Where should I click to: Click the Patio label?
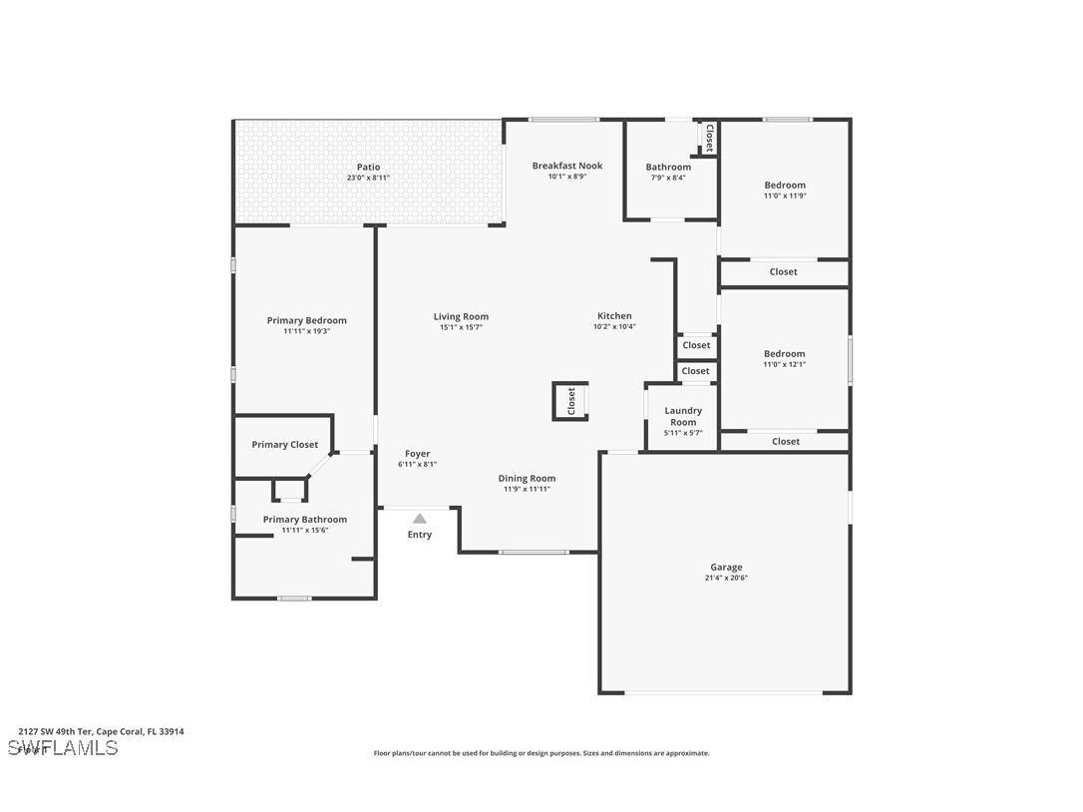(x=368, y=168)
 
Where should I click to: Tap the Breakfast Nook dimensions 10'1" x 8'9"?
(x=566, y=177)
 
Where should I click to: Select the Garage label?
(x=726, y=568)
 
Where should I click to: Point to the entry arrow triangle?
(x=420, y=518)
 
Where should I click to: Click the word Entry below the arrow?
(x=420, y=535)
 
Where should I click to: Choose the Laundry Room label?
(x=683, y=416)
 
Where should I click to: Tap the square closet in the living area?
(x=570, y=401)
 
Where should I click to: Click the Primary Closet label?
(x=285, y=445)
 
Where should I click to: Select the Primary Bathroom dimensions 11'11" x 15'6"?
(x=304, y=531)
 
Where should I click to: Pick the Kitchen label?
(x=614, y=316)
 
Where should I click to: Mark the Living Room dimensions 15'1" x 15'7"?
(x=461, y=327)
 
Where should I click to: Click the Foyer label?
(x=417, y=454)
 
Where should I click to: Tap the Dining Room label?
(x=527, y=479)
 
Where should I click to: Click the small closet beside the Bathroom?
(x=709, y=138)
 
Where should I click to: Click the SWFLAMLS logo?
(x=62, y=748)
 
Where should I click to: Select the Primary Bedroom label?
(x=306, y=321)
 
